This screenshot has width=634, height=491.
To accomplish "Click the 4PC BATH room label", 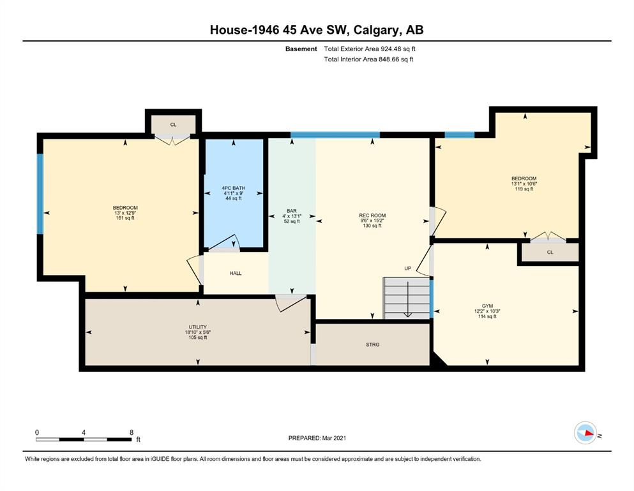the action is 233,188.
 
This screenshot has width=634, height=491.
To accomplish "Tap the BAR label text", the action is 292,211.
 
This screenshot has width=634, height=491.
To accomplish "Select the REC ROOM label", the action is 372,215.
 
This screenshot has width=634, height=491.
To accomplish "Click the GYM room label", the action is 487,306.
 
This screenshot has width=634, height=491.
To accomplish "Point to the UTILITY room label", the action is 198,327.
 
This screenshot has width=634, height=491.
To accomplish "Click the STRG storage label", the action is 373,345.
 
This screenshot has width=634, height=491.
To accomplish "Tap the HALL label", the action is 236,273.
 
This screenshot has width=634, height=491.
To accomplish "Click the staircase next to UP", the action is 406,299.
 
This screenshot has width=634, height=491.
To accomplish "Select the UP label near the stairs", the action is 407,269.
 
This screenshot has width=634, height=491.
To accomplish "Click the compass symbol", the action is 585,433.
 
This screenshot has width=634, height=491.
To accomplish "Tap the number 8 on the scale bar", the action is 132,432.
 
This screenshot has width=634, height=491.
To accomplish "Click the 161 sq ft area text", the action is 125,218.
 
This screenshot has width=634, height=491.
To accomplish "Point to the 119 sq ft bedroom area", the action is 524,189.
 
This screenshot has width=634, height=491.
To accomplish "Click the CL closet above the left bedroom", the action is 174,125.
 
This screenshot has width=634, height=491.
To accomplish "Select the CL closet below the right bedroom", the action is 550,252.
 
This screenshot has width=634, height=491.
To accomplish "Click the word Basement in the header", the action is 301,49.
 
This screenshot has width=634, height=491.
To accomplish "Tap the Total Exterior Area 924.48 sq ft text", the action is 370,49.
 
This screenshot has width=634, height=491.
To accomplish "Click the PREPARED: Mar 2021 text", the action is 317,438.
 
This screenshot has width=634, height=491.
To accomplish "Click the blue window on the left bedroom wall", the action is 40,194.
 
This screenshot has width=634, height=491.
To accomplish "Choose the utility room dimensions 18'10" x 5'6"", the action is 198,332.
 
